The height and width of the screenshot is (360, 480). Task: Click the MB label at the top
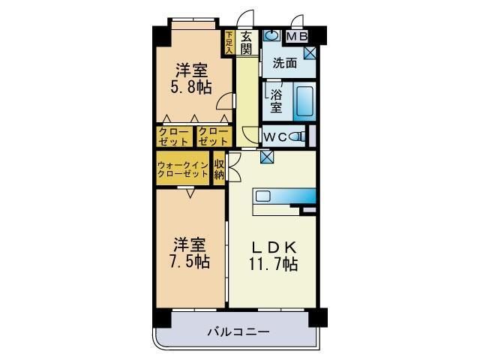297,35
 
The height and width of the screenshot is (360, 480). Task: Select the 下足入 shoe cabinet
229,41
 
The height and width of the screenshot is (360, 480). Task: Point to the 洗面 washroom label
284,64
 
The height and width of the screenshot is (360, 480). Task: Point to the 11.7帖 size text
273,263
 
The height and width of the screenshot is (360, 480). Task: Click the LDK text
273,246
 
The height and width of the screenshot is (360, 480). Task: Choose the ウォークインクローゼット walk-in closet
183,169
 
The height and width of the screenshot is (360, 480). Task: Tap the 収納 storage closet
219,169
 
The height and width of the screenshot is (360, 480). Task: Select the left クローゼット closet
174,136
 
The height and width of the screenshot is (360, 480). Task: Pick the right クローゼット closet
213,136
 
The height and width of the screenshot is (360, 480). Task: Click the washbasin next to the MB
272,35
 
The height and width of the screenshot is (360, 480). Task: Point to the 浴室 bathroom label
275,101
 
